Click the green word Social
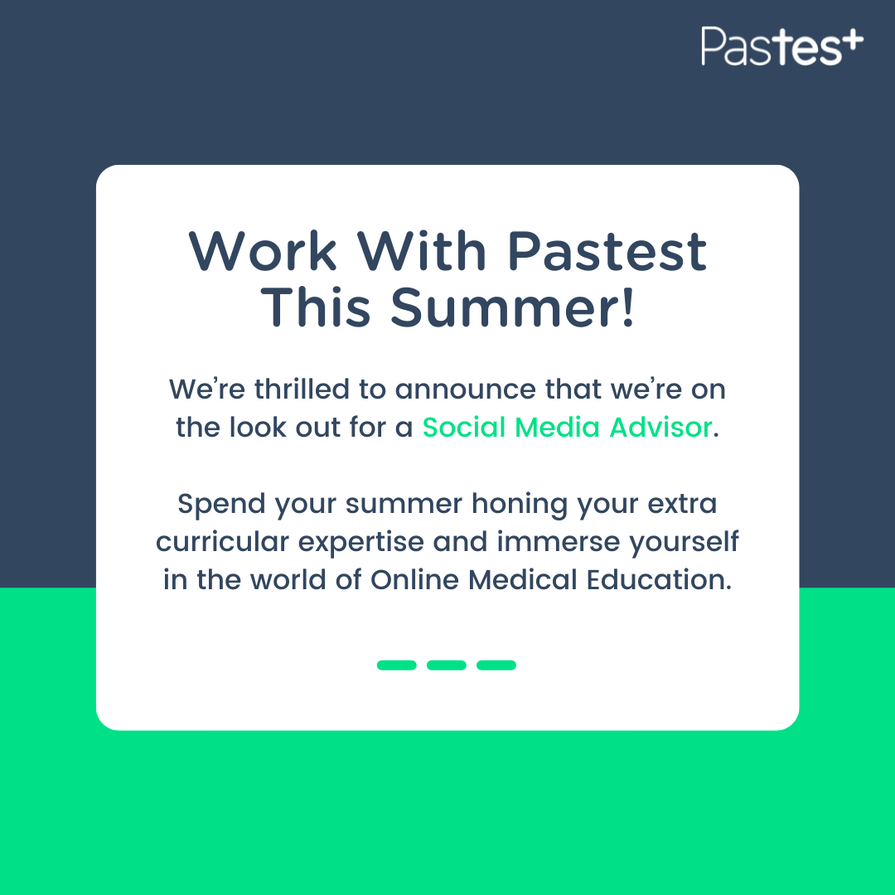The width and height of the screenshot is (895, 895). pos(464,427)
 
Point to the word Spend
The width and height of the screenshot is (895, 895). pos(221,504)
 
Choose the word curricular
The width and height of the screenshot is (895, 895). pos(222,541)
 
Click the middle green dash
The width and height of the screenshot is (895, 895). pos(447,665)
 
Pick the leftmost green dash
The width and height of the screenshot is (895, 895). pos(396,665)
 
